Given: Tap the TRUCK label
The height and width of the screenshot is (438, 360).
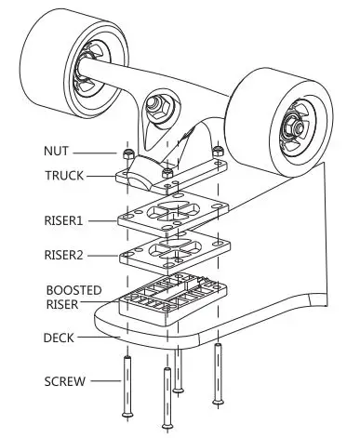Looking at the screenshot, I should point(63,175).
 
